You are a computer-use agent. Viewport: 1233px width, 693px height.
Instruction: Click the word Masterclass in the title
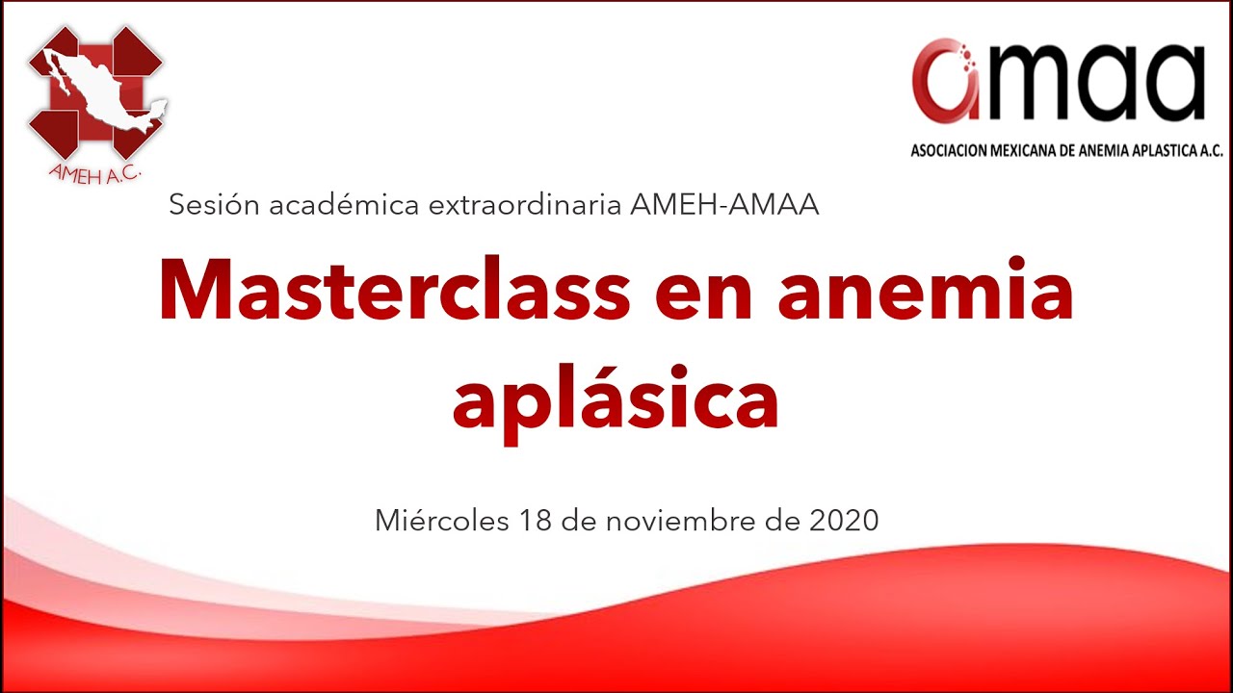(395, 288)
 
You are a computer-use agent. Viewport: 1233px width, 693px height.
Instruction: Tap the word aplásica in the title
(616, 403)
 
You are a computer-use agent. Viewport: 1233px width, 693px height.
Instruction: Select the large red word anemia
(926, 288)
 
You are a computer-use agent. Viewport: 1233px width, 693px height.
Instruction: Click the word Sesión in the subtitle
(214, 205)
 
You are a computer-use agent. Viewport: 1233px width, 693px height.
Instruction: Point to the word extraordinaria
(525, 205)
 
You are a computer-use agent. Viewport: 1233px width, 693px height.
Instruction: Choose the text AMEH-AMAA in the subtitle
(724, 205)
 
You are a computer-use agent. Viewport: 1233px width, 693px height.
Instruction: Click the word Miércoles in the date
(442, 520)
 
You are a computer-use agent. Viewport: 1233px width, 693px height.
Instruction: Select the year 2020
(844, 520)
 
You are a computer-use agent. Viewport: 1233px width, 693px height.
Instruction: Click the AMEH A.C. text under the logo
(94, 174)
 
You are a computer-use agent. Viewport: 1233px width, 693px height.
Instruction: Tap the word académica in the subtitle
(344, 205)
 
